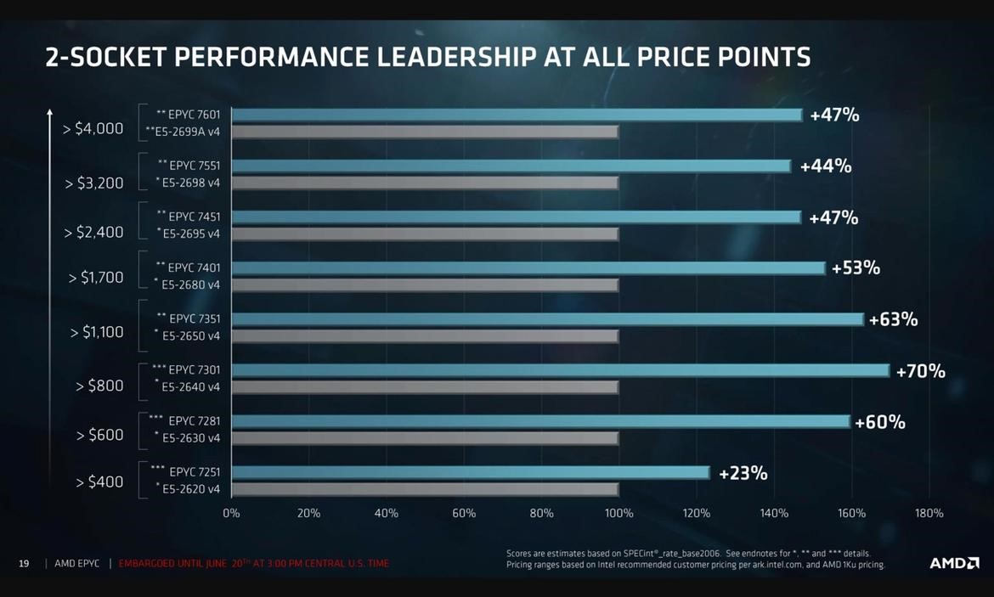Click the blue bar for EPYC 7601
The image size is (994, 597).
point(517,115)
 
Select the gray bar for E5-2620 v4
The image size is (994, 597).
point(425,489)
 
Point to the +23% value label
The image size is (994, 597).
point(743,473)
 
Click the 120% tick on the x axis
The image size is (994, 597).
point(697,513)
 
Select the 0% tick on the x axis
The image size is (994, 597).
point(231,513)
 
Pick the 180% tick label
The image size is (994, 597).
point(929,513)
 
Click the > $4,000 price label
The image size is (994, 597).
point(93,129)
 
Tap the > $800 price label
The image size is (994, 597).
point(99,386)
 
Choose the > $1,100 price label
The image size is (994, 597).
point(97,332)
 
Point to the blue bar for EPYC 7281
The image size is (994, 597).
point(540,421)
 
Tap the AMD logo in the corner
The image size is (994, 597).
point(954,563)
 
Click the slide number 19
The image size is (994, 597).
point(24,563)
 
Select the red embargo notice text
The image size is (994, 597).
point(254,563)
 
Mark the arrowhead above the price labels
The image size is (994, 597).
point(49,111)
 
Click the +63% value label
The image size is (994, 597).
point(893,319)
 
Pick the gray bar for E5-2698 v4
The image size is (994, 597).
point(425,183)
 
